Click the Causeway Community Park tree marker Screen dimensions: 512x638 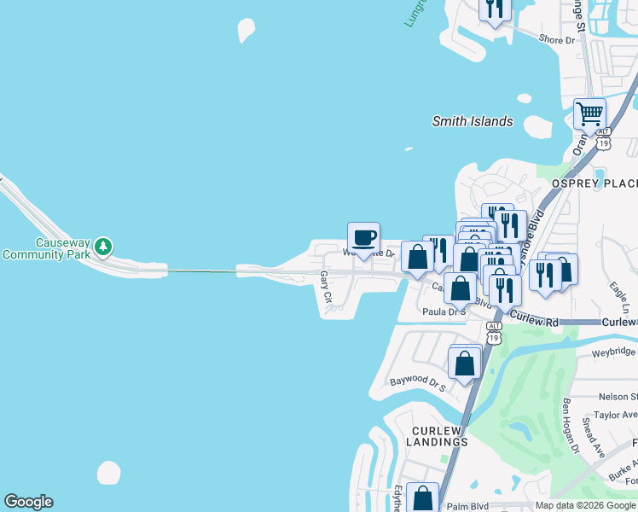(103, 247)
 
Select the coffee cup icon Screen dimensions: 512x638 (364, 237)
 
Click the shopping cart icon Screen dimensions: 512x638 (589, 113)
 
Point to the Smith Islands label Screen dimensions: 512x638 (473, 121)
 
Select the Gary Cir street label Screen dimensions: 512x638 (325, 288)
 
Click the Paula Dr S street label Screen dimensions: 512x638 (444, 312)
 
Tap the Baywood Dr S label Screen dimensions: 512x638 (418, 382)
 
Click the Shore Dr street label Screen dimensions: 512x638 (558, 40)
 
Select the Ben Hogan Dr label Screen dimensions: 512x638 (571, 424)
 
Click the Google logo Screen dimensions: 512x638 (28, 502)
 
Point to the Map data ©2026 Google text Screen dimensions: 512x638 (585, 505)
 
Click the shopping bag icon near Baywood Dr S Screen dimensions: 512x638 (465, 362)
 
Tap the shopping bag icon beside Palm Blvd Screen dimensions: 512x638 (423, 497)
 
